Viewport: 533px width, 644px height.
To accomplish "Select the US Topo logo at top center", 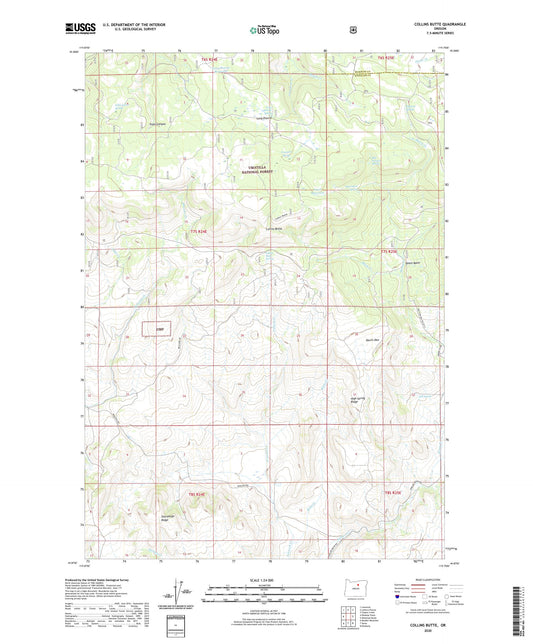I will [x=265, y=30].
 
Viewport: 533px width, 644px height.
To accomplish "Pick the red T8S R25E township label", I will [x=392, y=493].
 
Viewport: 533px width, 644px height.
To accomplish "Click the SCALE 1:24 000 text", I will [x=265, y=581].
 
